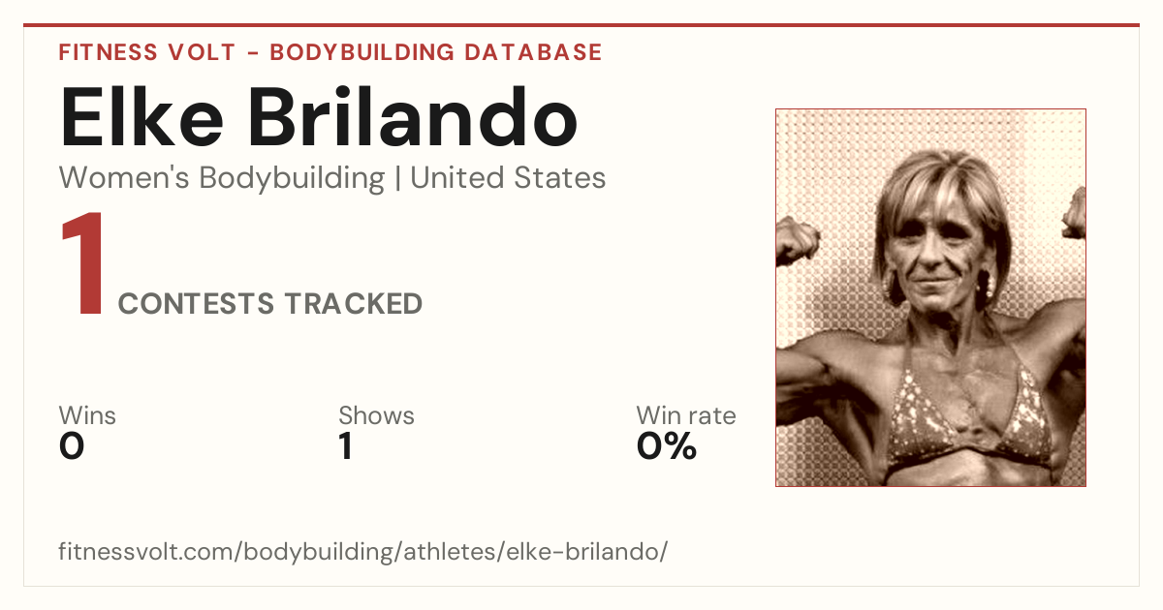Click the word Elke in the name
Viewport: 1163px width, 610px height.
pyautogui.click(x=141, y=117)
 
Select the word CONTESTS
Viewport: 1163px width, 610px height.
pyautogui.click(x=196, y=303)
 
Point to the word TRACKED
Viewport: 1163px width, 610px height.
pyautogui.click(x=353, y=303)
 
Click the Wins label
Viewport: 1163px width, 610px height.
pyautogui.click(x=87, y=415)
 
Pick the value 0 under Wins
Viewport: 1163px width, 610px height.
pyautogui.click(x=72, y=446)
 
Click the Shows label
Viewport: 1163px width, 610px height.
pyautogui.click(x=376, y=415)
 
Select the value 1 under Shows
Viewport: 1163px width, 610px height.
pyautogui.click(x=346, y=446)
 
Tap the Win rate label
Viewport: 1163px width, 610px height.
pyautogui.click(x=686, y=415)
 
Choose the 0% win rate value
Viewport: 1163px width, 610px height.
pyautogui.click(x=667, y=446)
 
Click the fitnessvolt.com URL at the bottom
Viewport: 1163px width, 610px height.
pyautogui.click(x=362, y=551)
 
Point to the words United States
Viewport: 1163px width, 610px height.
pyautogui.click(x=508, y=178)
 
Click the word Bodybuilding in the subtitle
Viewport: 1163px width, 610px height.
pyautogui.click(x=292, y=178)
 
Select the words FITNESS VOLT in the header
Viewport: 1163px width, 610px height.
pyautogui.click(x=147, y=52)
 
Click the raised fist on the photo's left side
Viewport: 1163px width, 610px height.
pyautogui.click(x=796, y=241)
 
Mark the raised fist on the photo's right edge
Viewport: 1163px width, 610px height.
pyautogui.click(x=1074, y=214)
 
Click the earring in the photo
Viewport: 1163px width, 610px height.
pyautogui.click(x=983, y=283)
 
